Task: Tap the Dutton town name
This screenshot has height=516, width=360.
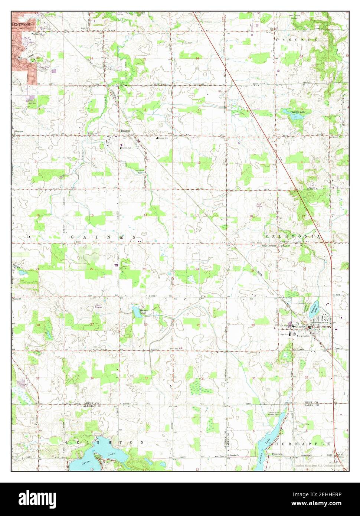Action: pyautogui.click(x=124, y=131)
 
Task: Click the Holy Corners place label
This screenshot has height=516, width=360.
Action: pyautogui.click(x=270, y=246)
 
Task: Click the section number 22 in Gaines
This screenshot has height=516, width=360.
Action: pyautogui.click(x=91, y=269)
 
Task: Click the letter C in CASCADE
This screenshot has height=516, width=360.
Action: pyautogui.click(x=276, y=39)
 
